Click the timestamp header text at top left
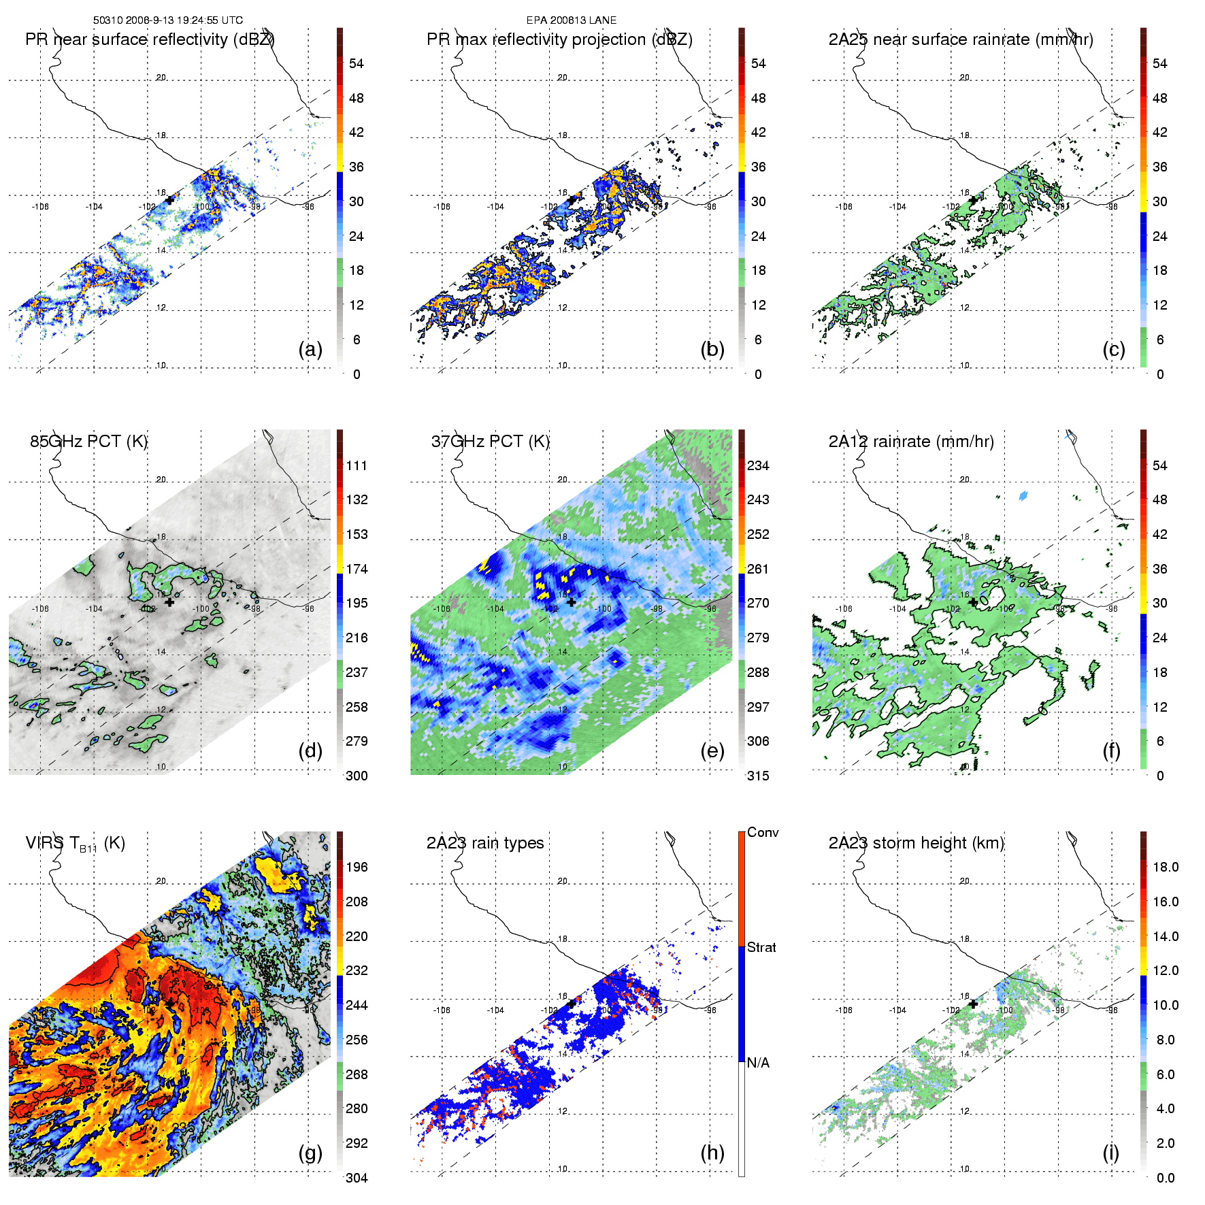click(167, 20)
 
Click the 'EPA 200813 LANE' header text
click(572, 20)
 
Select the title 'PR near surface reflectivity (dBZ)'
click(150, 39)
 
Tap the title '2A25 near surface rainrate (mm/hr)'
click(961, 39)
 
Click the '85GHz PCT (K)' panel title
click(88, 442)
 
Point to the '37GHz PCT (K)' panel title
click(490, 442)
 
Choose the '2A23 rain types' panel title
click(485, 843)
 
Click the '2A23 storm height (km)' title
click(916, 843)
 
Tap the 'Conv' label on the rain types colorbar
click(763, 833)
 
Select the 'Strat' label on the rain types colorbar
click(761, 948)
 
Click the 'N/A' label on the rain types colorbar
click(758, 1063)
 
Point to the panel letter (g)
click(310, 1153)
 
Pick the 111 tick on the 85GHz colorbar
click(357, 466)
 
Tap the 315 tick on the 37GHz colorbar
click(758, 776)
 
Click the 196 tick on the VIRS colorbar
click(357, 868)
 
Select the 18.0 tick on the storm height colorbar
click(1166, 868)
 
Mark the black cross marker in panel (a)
click(169, 200)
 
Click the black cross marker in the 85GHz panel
click(169, 602)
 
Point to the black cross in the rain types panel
click(572, 1004)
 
